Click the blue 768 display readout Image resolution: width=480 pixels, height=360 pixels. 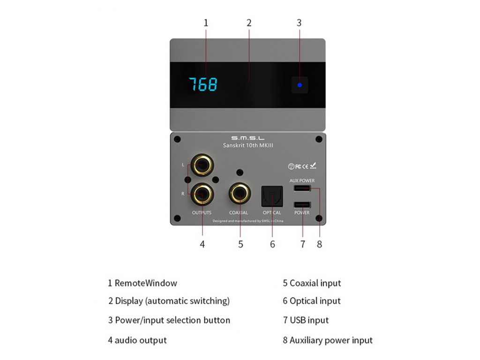coord(203,84)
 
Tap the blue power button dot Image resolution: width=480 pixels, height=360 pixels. coord(300,85)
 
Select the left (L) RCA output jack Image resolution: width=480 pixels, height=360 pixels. coord(202,165)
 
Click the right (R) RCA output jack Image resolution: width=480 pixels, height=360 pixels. coord(202,193)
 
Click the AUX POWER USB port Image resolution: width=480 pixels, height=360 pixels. coord(302,188)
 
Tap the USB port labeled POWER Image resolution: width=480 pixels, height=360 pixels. coord(302,205)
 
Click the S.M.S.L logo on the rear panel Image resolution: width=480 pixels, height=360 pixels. coord(247,138)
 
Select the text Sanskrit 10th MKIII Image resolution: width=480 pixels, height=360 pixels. coord(247,146)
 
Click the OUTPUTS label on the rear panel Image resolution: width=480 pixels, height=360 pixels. coord(202,213)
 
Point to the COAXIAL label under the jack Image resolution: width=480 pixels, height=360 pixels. coord(239,213)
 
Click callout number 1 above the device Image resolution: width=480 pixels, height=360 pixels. coord(206,22)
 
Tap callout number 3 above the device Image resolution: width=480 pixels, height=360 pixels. coord(299,22)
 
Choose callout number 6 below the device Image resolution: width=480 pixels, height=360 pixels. coord(272,244)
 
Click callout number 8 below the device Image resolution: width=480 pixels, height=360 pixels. coord(319,244)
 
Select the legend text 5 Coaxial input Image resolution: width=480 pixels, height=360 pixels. coord(312,283)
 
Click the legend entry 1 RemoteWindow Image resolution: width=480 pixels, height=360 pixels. coord(142,283)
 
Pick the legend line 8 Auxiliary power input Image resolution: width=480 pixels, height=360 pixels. coord(327,340)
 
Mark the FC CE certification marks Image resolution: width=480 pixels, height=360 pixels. coord(302,166)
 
